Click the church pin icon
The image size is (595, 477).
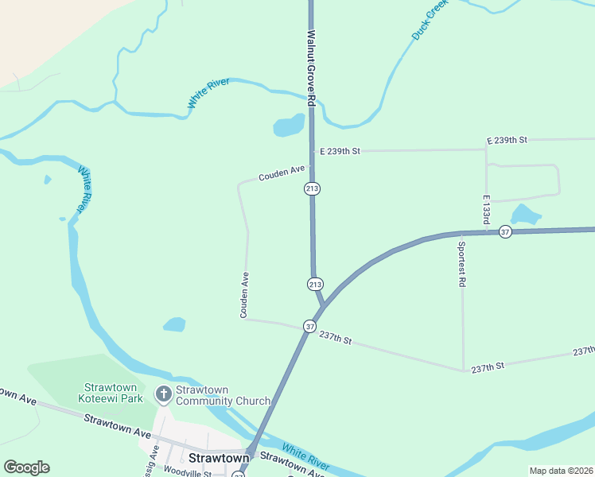point(163,394)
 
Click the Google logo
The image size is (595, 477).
point(26,467)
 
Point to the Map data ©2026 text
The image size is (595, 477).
point(561,471)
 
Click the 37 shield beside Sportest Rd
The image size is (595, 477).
point(505,231)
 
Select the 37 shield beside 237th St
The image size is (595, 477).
point(309,326)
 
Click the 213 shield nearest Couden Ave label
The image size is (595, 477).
point(312,188)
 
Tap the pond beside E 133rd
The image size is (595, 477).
point(525,214)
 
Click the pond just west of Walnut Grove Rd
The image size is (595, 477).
point(289,126)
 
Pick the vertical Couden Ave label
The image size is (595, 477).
point(245,295)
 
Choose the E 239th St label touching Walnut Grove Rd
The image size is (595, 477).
point(340,150)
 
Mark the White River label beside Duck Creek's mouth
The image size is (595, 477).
point(208,93)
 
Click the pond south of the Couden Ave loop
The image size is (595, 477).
point(174,324)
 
